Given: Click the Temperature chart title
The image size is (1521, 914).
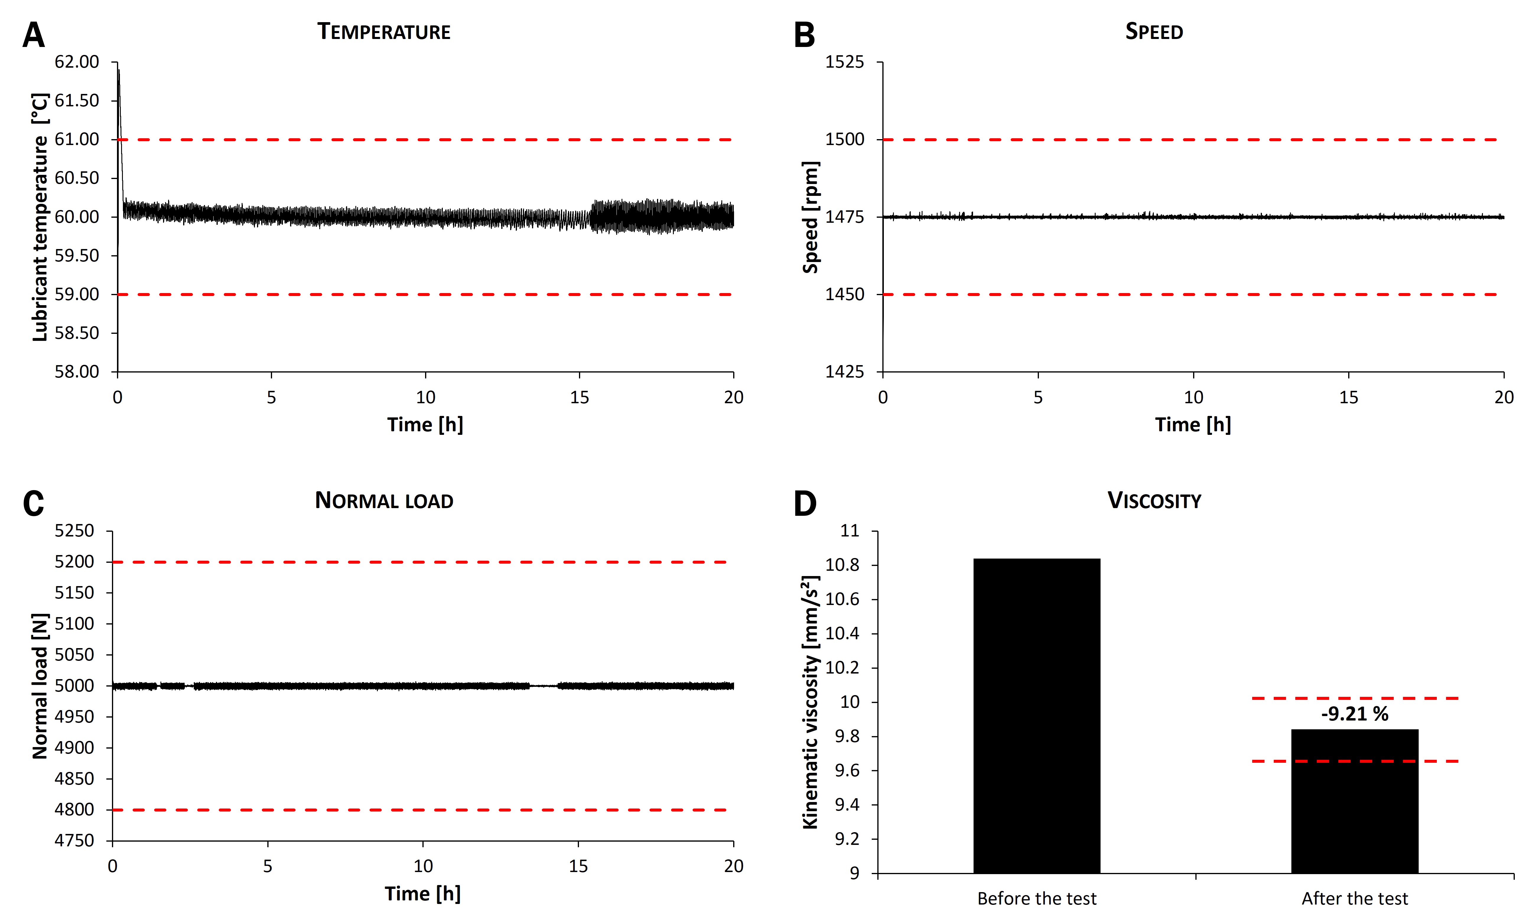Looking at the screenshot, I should [384, 31].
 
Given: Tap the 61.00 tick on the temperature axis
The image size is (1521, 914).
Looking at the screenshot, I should [77, 140].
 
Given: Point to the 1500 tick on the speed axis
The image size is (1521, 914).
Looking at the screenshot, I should [844, 140].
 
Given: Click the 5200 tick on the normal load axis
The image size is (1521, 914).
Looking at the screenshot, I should [74, 562].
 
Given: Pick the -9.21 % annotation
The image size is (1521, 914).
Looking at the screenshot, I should [1355, 714].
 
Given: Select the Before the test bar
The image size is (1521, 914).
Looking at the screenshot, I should [1036, 714].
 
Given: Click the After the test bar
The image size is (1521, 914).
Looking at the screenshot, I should [1355, 801].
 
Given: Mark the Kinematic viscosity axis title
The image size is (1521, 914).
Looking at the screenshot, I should [810, 702].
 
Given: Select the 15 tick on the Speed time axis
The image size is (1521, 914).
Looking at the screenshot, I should [1348, 397].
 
